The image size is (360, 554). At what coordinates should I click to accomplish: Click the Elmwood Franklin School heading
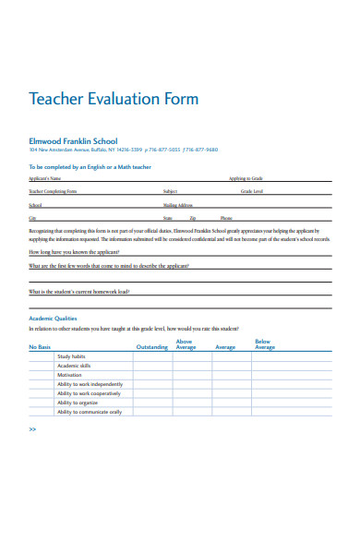point(73,141)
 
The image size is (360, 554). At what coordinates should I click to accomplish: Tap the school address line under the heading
point(123,151)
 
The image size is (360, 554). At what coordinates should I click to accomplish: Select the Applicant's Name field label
point(44,178)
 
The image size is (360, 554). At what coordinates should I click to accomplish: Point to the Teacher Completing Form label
point(53,191)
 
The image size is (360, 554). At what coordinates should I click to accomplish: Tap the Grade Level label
point(251,191)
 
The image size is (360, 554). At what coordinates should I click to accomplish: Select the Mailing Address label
point(178,205)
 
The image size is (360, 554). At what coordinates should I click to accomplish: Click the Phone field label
point(226,218)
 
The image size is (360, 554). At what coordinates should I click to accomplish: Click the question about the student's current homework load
point(79,291)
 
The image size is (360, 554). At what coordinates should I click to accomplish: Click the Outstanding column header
point(152,347)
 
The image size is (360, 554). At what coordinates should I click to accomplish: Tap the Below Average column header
point(264,344)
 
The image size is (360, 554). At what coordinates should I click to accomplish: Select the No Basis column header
point(41,347)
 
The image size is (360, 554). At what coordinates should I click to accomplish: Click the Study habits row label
point(72,356)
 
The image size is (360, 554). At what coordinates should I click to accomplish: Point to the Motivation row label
point(70,375)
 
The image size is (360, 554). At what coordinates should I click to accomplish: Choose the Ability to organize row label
point(78,403)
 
